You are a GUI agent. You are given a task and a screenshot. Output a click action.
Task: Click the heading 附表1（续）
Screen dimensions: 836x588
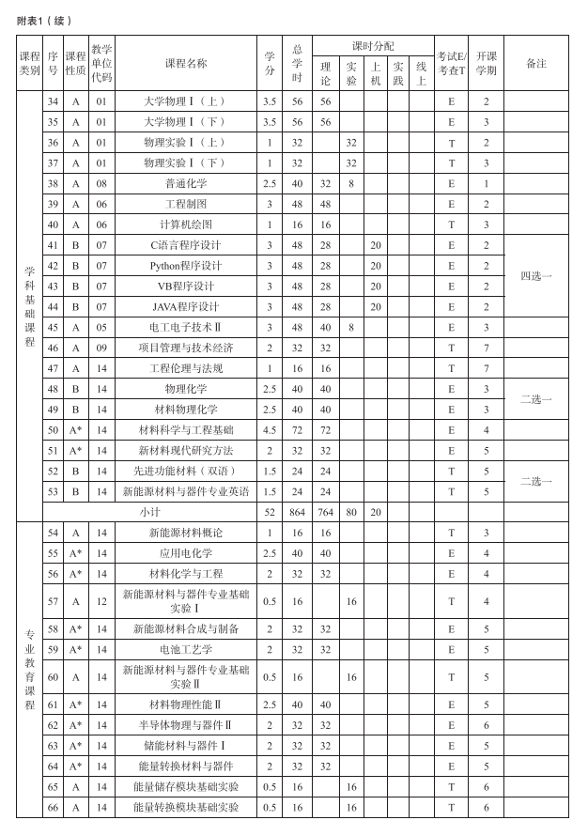pyautogui.click(x=44, y=21)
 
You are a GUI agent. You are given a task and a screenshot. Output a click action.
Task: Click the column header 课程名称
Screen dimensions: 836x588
pyautogui.click(x=186, y=63)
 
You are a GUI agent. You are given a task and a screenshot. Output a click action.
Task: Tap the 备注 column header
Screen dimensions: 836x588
pyautogui.click(x=535, y=63)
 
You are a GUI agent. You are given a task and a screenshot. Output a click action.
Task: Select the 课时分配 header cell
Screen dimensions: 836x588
pyautogui.click(x=373, y=46)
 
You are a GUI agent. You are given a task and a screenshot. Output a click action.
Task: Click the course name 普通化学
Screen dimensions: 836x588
pyautogui.click(x=186, y=183)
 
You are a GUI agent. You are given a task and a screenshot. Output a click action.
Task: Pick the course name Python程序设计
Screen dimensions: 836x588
pyautogui.click(x=186, y=265)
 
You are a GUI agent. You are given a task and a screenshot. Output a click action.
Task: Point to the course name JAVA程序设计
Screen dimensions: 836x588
pyautogui.click(x=186, y=306)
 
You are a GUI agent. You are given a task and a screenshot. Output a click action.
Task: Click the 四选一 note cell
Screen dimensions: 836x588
pyautogui.click(x=535, y=275)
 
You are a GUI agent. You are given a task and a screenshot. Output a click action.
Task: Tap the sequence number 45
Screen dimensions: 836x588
pyautogui.click(x=53, y=327)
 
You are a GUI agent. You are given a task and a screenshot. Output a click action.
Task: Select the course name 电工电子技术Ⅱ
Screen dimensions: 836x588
pyautogui.click(x=186, y=327)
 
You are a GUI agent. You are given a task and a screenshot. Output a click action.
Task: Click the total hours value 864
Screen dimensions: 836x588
pyautogui.click(x=298, y=512)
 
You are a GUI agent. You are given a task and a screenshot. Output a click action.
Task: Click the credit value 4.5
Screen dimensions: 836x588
pyautogui.click(x=270, y=429)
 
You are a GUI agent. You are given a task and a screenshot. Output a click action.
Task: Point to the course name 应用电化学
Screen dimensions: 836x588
pyautogui.click(x=186, y=553)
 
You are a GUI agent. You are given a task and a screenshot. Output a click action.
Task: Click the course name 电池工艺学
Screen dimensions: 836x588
pyautogui.click(x=186, y=648)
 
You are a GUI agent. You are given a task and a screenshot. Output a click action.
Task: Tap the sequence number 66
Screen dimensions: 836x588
pyautogui.click(x=53, y=807)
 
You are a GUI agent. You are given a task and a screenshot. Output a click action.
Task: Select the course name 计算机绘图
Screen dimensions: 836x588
pyautogui.click(x=186, y=224)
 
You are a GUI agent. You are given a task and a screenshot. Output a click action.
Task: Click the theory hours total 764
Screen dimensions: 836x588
pyautogui.click(x=326, y=512)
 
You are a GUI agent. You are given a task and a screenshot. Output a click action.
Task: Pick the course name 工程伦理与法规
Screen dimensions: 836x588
pyautogui.click(x=186, y=368)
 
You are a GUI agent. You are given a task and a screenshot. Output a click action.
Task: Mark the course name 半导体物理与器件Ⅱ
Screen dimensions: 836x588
pyautogui.click(x=186, y=725)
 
